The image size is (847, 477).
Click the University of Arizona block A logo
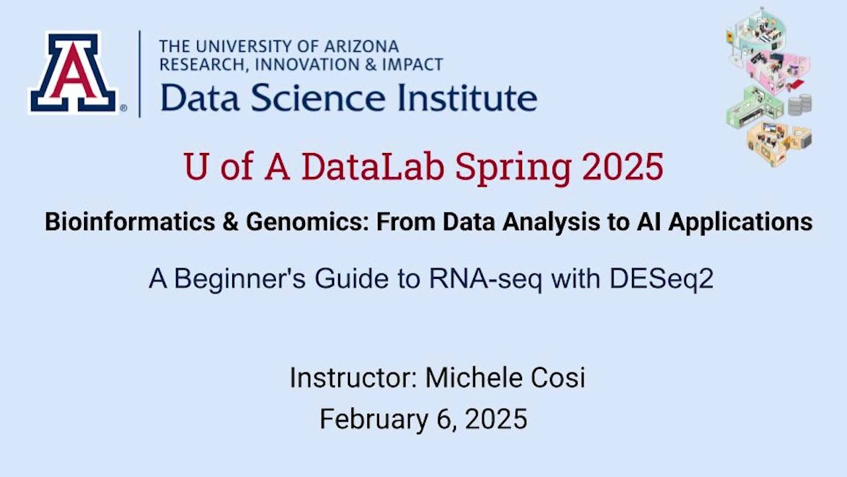pos(73,73)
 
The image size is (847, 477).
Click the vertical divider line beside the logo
pos(140,73)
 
